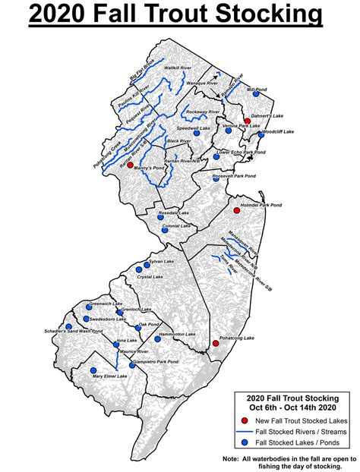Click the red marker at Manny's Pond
click(x=130, y=165)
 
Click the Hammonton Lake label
click(x=179, y=335)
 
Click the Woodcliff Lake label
click(x=276, y=132)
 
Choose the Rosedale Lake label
click(x=174, y=213)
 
